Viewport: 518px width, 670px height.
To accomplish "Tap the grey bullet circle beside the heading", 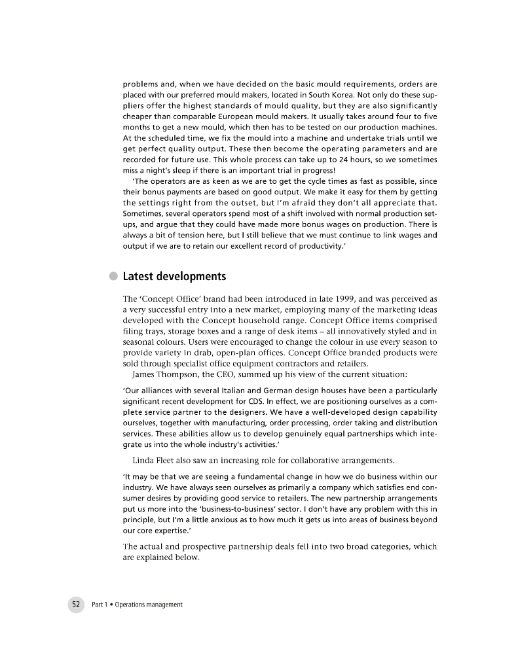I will click(114, 275).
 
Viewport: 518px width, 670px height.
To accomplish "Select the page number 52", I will click(75, 605).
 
